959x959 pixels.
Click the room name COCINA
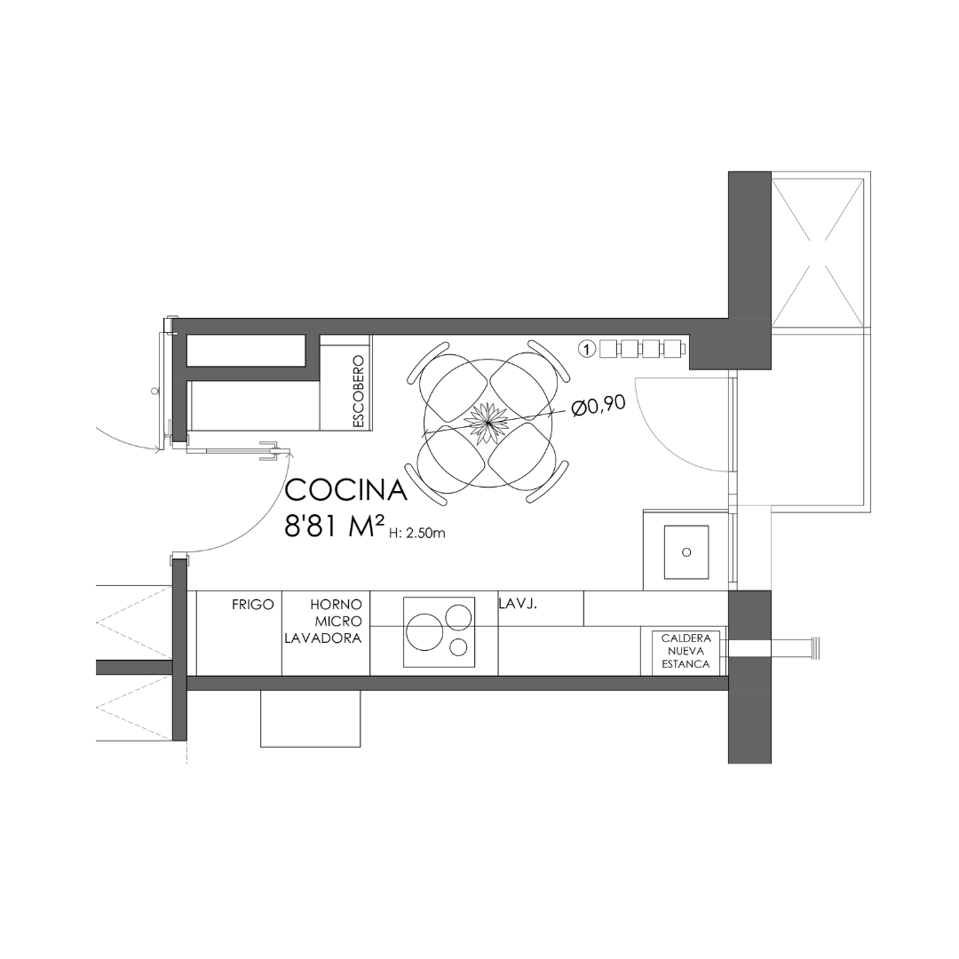pos(345,490)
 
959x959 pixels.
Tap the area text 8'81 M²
pos(335,526)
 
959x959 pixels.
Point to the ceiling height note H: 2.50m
pos(417,534)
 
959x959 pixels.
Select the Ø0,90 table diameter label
pos(598,406)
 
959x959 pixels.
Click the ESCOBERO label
pos(359,392)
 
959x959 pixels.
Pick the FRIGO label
pos(252,605)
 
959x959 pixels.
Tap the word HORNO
pos(336,605)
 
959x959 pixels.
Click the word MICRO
pos(338,622)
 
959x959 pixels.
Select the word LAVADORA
pos(323,638)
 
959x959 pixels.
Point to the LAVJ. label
pos(518,605)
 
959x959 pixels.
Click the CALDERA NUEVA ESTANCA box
pos(686,652)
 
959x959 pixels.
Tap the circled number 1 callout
pos(587,349)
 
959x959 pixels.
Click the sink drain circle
pos(686,552)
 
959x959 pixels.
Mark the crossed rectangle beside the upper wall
pos(819,252)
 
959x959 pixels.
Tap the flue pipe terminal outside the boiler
pos(814,647)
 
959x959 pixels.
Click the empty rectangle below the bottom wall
pos(310,718)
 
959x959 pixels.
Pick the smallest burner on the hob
pos(459,647)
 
